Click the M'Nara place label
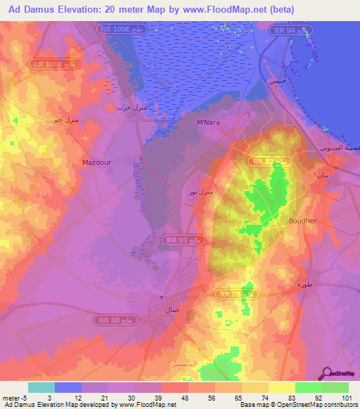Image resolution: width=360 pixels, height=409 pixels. pyautogui.click(x=209, y=122)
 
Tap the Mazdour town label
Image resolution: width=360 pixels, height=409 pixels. pyautogui.click(x=97, y=162)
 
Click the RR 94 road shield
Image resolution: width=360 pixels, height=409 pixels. pyautogui.click(x=292, y=32)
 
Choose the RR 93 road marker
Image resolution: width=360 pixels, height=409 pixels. pyautogui.click(x=184, y=240)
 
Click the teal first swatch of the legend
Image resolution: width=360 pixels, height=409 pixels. pyautogui.click(x=41, y=387)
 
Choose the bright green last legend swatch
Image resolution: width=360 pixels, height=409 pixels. pyautogui.click(x=335, y=387)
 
